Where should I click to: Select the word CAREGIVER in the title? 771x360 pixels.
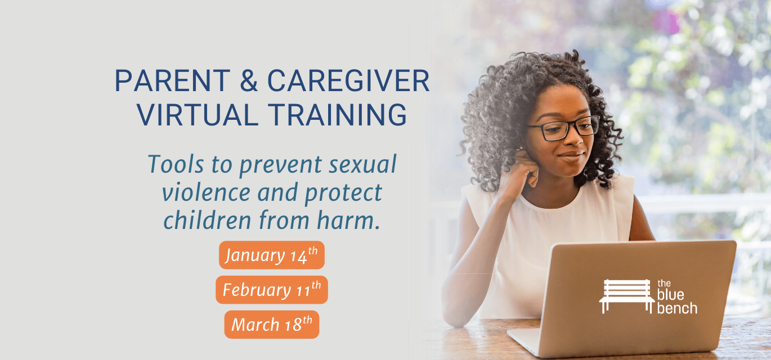click(348, 82)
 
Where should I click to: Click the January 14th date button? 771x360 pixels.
click(272, 255)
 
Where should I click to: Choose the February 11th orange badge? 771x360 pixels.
click(272, 290)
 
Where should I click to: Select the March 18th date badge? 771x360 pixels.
click(272, 325)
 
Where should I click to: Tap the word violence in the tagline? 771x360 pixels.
click(206, 192)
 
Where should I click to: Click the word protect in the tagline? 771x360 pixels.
click(343, 192)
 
